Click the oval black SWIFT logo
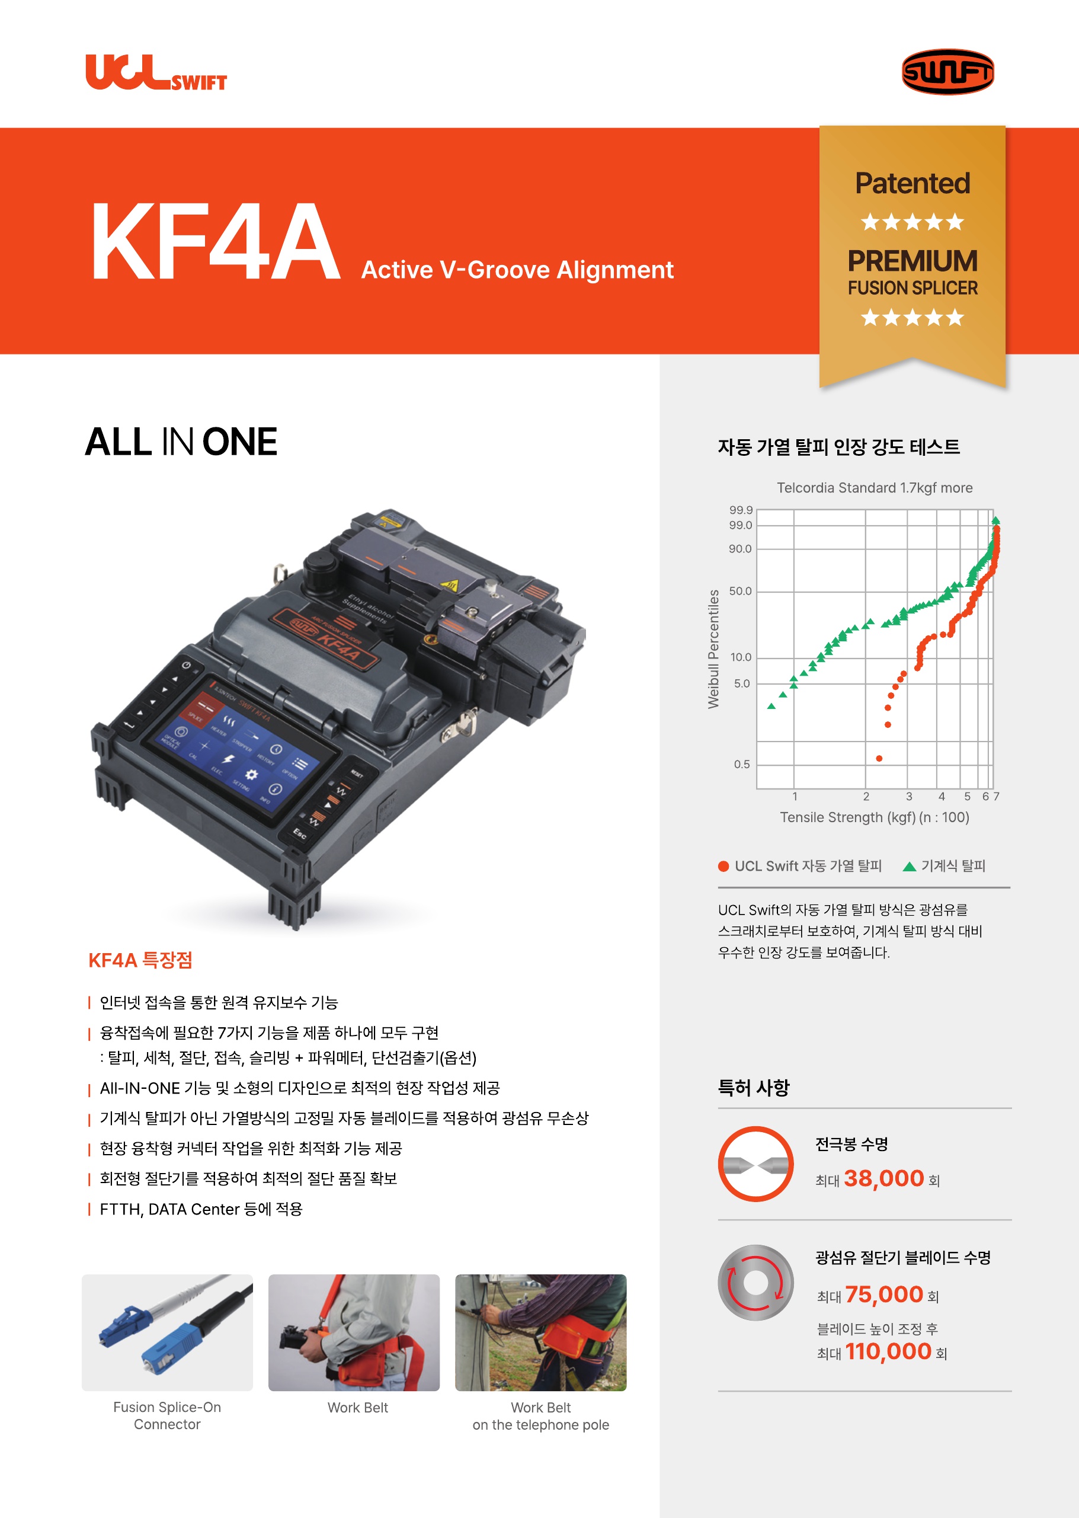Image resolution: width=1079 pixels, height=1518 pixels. pos(947,72)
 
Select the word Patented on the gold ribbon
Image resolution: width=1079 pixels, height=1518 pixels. pos(912,183)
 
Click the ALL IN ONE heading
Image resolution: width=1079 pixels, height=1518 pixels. pos(181,442)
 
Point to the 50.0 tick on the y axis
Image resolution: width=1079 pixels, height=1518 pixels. pos(740,591)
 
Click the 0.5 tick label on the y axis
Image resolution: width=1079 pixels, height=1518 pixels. pos(741,764)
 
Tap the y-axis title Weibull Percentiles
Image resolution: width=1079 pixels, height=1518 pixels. pos(713,648)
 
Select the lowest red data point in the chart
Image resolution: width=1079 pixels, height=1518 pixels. pos(879,758)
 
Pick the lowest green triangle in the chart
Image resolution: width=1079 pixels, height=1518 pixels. pos(771,706)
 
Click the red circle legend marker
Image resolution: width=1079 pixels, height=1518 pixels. pos(723,866)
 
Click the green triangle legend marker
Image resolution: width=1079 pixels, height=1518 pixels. pos(910,866)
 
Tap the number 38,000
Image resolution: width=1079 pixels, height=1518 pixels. pos(883,1178)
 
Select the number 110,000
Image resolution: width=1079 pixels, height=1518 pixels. pos(888,1351)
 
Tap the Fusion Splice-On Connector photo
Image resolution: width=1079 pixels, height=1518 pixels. pos(168,1332)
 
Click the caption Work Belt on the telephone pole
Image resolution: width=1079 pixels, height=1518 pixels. pos(541,1415)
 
